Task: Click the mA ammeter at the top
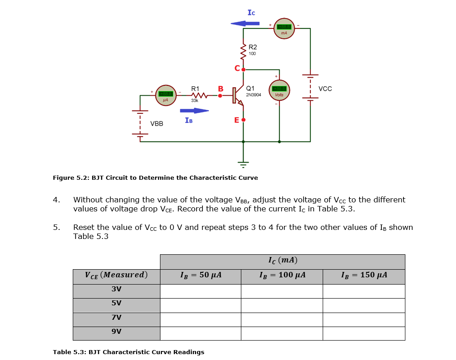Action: [x=284, y=28]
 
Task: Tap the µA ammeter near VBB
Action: [x=165, y=95]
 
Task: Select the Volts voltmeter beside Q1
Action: [x=279, y=90]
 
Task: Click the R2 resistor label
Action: [x=253, y=47]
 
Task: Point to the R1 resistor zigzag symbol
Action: [x=198, y=95]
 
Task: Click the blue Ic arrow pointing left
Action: [x=245, y=23]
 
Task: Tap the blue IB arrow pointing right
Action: [x=194, y=110]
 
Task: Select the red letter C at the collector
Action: [x=237, y=69]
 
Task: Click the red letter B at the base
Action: [x=221, y=89]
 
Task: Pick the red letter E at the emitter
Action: [x=236, y=120]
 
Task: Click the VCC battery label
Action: [x=325, y=89]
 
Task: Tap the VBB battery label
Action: [x=157, y=123]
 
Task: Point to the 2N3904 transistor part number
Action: [x=254, y=95]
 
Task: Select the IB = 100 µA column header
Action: [x=282, y=275]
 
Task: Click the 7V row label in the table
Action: [x=116, y=318]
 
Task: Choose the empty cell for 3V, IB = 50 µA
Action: [x=200, y=291]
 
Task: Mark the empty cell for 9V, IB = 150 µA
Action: [x=364, y=333]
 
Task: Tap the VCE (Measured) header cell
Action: [x=116, y=275]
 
